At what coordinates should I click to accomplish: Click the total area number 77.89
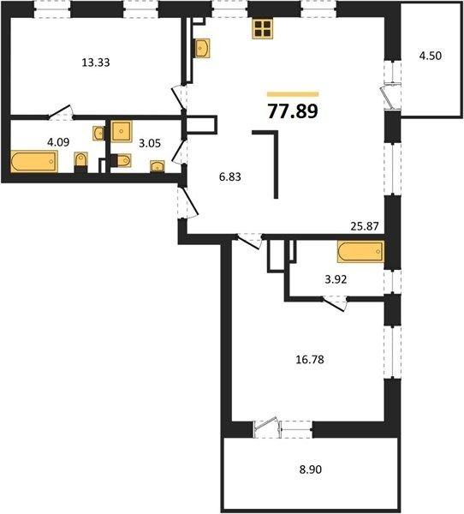pos(293,111)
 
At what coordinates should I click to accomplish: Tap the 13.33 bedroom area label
pos(96,63)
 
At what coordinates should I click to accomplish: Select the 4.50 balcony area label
pos(431,56)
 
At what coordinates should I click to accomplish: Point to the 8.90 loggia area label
pos(310,469)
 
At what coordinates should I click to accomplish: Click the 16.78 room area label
pos(310,360)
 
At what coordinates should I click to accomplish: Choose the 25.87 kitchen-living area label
pos(365,226)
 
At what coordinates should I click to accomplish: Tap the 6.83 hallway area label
pos(230,176)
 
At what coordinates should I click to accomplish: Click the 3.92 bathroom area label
pos(336,279)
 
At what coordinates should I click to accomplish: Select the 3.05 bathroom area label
pos(150,143)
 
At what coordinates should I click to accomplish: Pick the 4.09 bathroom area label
pos(58,142)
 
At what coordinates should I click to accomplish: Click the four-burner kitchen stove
pos(263,28)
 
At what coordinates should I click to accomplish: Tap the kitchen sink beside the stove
pos(202,49)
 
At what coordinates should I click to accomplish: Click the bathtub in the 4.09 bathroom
pos(34,161)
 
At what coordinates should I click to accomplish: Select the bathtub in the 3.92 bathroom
pos(360,252)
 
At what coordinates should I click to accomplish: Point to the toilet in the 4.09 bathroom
pos(80,161)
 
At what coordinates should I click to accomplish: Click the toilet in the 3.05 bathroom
pos(122,161)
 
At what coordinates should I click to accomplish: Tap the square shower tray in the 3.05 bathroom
pos(122,131)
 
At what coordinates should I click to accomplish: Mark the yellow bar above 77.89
pos(293,94)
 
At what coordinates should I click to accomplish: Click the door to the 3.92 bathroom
pos(334,303)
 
